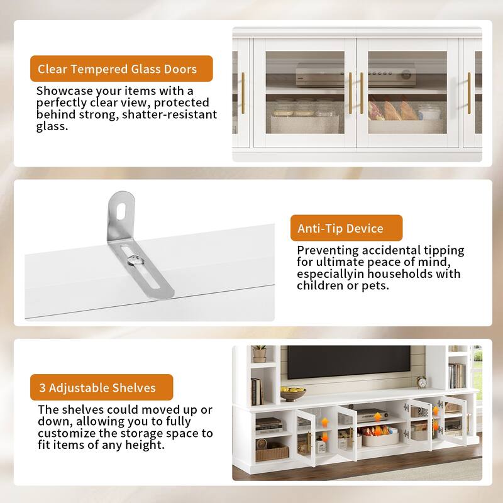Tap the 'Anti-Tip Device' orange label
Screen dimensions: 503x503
coord(345,228)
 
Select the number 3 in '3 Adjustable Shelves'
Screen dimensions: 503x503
coord(41,387)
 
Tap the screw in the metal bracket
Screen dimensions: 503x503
coord(133,259)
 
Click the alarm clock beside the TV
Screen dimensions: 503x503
coord(421,382)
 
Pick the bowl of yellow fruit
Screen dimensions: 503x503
coord(292,394)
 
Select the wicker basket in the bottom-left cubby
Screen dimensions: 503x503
coord(271,451)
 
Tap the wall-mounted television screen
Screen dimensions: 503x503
coord(349,362)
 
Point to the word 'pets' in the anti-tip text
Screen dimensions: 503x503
coord(373,285)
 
